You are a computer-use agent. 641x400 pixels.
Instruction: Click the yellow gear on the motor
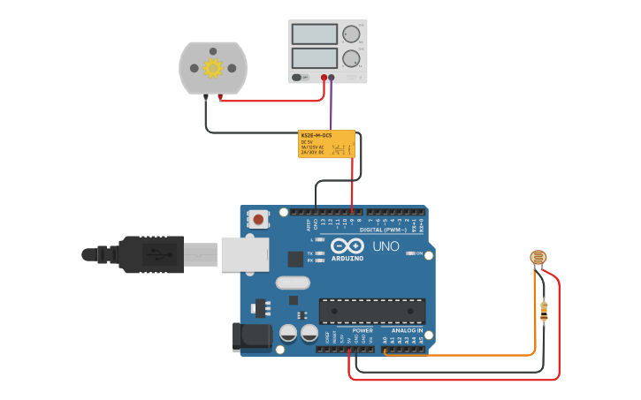[212, 68]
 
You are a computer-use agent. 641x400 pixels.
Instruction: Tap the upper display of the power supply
[314, 34]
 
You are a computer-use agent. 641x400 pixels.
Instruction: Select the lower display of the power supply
[314, 58]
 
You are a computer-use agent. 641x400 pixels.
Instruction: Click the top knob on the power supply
[351, 34]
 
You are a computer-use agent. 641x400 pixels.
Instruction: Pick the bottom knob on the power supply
[351, 58]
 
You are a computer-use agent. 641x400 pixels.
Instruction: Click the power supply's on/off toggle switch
[300, 77]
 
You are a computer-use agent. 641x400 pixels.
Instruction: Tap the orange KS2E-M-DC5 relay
[326, 144]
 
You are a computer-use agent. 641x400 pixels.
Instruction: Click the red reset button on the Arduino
[258, 218]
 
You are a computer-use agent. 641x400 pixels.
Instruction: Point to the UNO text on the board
[385, 246]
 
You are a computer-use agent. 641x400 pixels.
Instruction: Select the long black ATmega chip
[371, 311]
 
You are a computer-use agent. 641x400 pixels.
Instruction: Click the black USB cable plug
[150, 254]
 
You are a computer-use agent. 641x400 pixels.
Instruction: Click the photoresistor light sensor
[538, 258]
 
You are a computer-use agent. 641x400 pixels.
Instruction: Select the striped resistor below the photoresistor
[543, 311]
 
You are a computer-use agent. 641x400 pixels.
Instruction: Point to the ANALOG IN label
[407, 330]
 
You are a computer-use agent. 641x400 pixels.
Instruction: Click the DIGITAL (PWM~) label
[383, 230]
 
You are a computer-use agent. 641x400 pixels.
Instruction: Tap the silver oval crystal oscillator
[293, 283]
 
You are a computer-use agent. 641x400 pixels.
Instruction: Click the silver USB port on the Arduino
[244, 254]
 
